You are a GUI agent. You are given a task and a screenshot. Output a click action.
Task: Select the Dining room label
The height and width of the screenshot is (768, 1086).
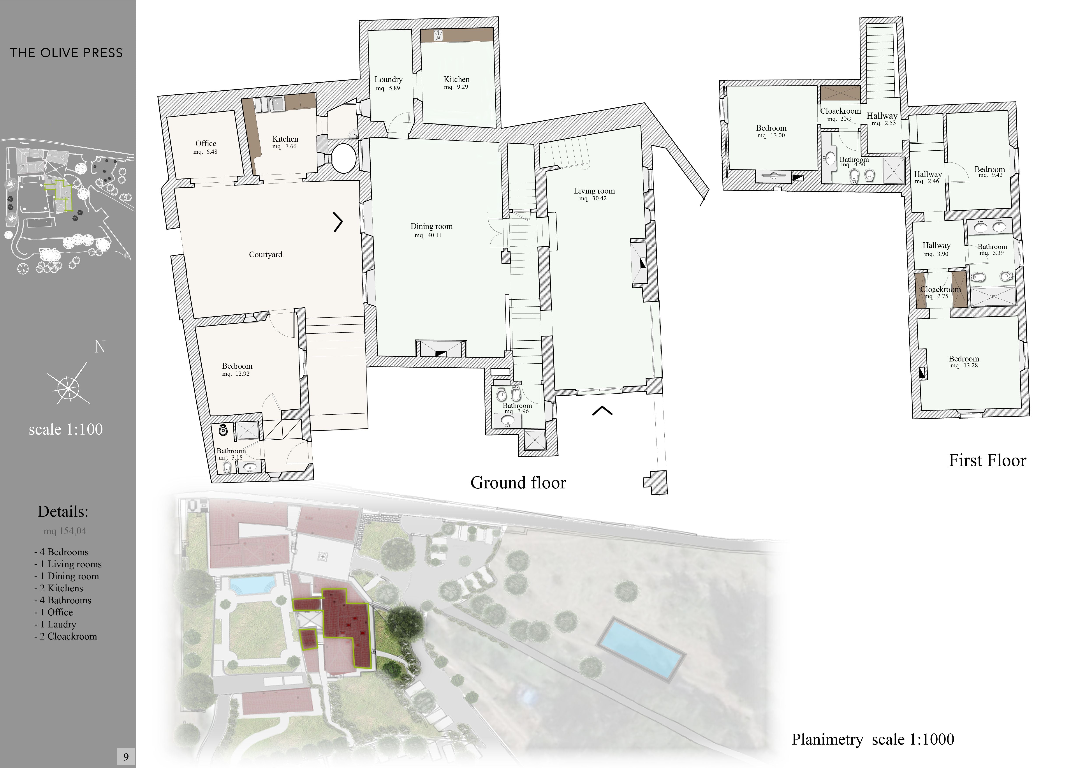pos(431,227)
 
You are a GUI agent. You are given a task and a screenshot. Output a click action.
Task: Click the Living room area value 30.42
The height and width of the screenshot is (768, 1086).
pos(599,199)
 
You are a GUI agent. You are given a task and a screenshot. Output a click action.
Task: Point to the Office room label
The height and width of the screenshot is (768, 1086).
pos(206,143)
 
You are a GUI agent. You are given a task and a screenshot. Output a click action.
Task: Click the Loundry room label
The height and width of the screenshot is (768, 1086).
pos(388,79)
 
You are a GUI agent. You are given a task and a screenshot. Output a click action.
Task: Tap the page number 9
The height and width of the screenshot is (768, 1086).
pos(126,757)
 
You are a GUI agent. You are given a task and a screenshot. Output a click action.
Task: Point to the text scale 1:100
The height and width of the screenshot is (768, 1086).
pos(66,429)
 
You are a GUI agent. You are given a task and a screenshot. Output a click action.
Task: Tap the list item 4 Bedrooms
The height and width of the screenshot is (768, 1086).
pos(61,552)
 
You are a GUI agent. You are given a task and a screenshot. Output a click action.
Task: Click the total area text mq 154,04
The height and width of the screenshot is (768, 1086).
pos(65,531)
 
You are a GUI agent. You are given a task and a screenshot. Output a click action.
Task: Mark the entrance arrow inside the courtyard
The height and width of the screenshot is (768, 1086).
pos(338,222)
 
